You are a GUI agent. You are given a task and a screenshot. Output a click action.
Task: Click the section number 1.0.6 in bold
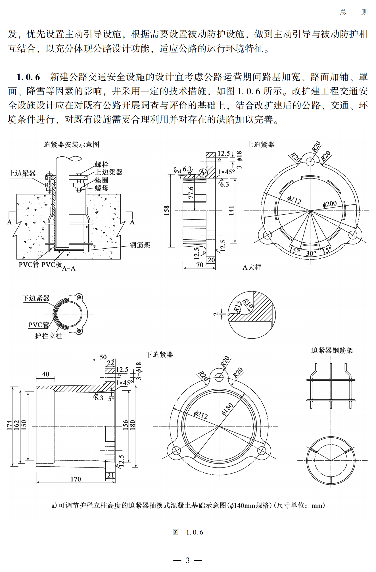click(x=28, y=77)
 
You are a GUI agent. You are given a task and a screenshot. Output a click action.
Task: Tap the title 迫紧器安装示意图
click(x=71, y=144)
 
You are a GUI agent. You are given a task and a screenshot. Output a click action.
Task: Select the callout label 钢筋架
click(x=140, y=245)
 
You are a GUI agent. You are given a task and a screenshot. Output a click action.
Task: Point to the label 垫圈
click(x=101, y=180)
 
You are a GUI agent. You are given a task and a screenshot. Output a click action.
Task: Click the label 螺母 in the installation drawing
click(x=101, y=188)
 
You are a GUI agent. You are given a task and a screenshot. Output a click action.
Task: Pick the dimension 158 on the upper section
click(x=166, y=210)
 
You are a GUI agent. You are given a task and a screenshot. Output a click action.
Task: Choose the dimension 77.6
click(x=191, y=192)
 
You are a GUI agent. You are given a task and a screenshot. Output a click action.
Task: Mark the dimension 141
click(x=231, y=210)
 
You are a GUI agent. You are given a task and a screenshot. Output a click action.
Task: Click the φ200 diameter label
click(x=329, y=204)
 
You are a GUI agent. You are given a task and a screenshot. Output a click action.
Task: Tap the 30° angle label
click(x=311, y=253)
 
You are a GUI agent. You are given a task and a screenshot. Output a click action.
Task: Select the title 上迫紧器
click(x=261, y=144)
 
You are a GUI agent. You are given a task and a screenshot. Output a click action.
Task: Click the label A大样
click(x=252, y=267)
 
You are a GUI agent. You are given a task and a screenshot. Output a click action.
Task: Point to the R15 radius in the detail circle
click(x=237, y=306)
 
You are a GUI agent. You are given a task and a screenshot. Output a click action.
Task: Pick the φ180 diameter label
click(x=227, y=409)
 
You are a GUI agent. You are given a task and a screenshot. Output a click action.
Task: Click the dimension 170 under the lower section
click(x=76, y=479)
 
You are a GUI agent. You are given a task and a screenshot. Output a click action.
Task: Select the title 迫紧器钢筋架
click(x=332, y=350)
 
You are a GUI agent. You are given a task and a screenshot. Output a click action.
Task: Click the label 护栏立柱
click(x=48, y=336)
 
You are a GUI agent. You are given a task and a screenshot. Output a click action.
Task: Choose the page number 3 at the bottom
click(x=188, y=560)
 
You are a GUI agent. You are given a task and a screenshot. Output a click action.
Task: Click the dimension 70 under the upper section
click(x=200, y=265)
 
